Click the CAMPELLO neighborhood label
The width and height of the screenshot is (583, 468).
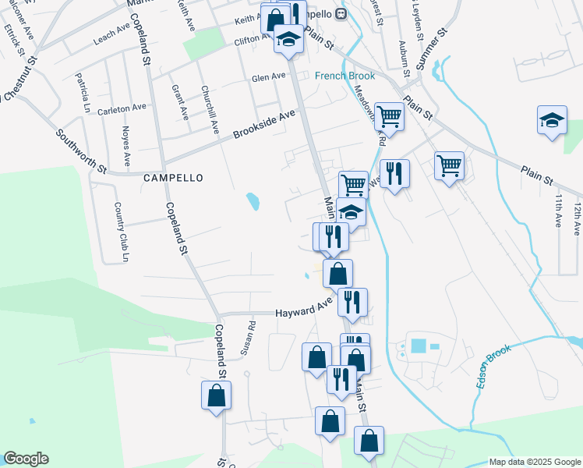173,178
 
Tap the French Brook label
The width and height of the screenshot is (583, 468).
344,76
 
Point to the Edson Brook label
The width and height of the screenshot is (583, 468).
493,367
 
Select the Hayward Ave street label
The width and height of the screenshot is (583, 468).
304,312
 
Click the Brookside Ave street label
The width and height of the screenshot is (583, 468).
265,125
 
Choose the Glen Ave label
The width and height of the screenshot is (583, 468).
267,78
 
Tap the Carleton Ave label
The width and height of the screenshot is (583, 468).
122,108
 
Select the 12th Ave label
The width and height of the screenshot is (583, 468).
577,219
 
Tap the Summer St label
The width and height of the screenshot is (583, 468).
429,48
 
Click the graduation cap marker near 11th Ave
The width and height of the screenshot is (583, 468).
552,121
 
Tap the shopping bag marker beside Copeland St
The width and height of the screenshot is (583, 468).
217,395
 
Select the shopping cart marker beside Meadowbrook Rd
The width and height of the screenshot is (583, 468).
389,117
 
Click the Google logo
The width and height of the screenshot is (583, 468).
26,459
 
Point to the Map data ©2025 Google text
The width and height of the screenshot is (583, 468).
534,462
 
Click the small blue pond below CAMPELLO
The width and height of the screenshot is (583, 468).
253,202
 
